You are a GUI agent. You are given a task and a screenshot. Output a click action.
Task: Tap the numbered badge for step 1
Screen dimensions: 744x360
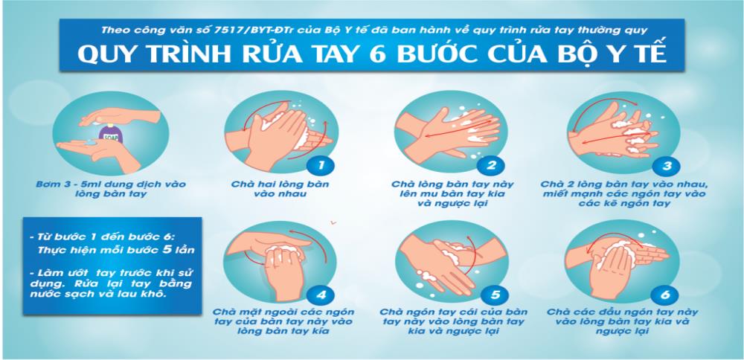click(x=320, y=165)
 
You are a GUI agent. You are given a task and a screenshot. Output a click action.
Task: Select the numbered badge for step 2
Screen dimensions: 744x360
click(x=492, y=165)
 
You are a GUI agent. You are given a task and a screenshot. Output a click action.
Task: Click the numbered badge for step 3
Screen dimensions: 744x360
click(x=665, y=166)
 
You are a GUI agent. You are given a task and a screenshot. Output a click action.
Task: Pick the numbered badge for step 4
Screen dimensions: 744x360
click(x=321, y=295)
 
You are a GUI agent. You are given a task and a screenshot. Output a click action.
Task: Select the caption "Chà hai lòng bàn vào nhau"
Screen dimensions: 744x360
click(x=280, y=188)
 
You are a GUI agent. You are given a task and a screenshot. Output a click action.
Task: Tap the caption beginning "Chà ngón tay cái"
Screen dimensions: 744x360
click(x=453, y=321)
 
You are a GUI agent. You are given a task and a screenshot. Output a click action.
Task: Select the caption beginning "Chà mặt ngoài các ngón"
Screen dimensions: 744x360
click(x=283, y=321)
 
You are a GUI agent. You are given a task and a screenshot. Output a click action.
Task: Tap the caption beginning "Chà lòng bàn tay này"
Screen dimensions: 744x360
click(x=452, y=193)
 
